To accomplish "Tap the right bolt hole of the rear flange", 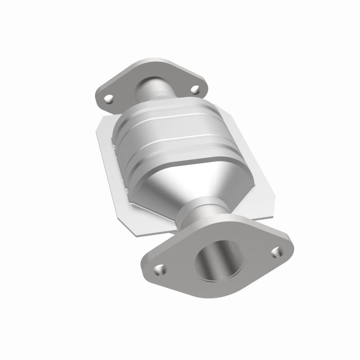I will (x=195, y=90).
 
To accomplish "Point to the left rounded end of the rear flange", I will (x=98, y=95).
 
